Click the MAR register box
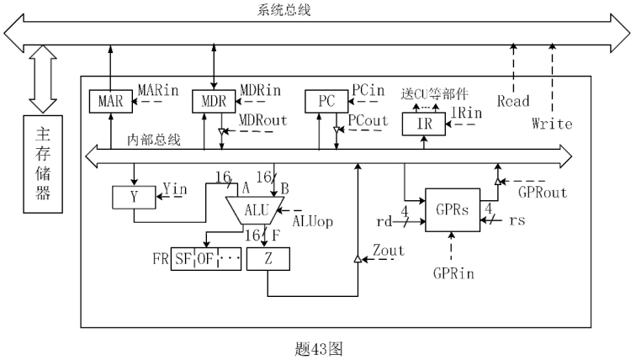pos(110,101)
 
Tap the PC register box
pos(326,101)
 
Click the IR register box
pos(427,124)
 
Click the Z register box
pos(268,260)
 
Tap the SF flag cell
pos(183,260)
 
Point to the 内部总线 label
pos(151,139)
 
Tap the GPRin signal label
pos(453,272)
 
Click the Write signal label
pos(552,124)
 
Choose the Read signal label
pos(512,101)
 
